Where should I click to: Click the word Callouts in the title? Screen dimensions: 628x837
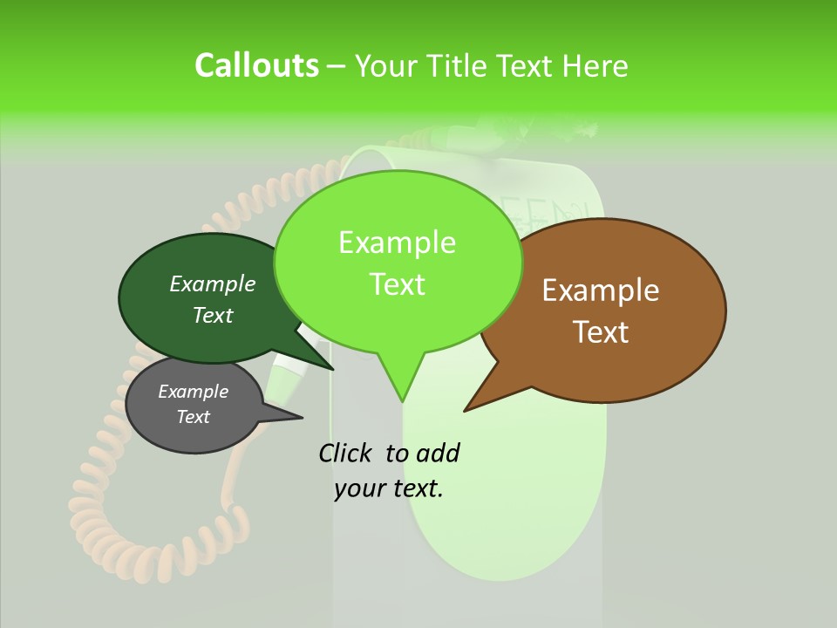point(256,65)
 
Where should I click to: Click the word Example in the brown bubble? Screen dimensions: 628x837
point(601,290)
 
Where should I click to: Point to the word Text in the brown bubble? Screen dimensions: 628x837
point(602,332)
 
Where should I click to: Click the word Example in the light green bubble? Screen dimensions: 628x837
point(397,242)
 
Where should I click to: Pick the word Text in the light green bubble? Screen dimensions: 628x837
point(398,284)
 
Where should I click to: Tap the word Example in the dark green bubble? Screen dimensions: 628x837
point(212,283)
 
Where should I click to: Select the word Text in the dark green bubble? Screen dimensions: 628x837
point(212,315)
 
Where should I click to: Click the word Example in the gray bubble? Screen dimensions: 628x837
point(193,392)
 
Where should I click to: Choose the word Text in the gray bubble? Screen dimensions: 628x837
point(194,417)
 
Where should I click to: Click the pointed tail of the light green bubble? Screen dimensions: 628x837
point(402,397)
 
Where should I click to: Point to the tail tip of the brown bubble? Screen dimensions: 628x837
point(467,408)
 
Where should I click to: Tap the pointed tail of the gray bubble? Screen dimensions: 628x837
point(296,416)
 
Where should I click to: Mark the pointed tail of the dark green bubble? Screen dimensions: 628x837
point(330,367)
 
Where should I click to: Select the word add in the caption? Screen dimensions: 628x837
point(438,453)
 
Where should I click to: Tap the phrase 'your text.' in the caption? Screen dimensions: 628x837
point(389,488)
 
